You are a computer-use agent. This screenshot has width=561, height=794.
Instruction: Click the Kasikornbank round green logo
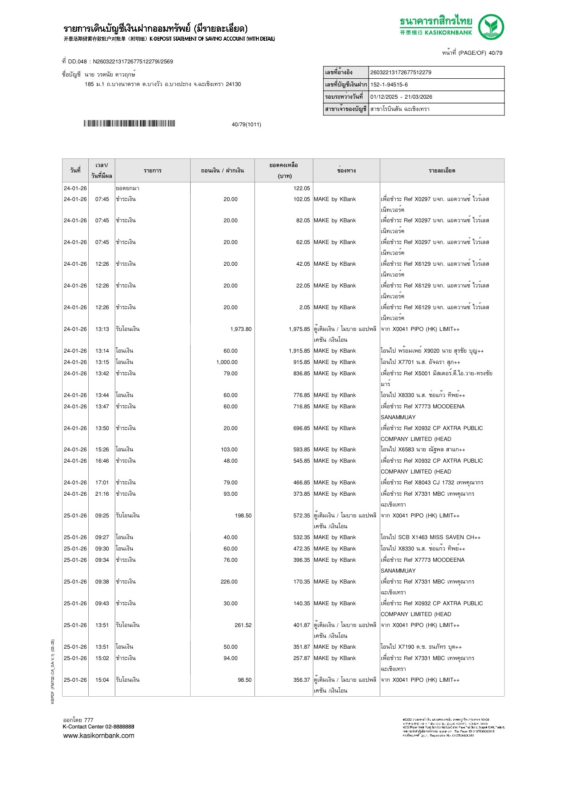click(x=491, y=27)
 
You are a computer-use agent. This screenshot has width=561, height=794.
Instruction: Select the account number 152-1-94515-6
click(x=389, y=85)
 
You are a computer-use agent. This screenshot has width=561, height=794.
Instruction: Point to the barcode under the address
click(x=129, y=124)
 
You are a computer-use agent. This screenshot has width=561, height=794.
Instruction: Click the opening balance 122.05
click(x=302, y=188)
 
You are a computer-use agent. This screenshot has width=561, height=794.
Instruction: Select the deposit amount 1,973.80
click(x=241, y=329)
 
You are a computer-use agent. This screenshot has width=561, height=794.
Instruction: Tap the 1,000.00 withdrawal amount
click(x=227, y=362)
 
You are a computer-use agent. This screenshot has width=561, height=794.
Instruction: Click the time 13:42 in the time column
click(x=102, y=373)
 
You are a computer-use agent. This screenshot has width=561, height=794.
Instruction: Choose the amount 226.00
click(x=229, y=582)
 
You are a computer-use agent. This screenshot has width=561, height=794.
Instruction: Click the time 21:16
click(x=102, y=494)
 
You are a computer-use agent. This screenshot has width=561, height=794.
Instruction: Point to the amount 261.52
click(x=243, y=625)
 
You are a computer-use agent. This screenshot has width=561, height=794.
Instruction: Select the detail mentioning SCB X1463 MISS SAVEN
click(x=431, y=537)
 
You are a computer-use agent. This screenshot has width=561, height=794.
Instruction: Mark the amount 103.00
click(x=229, y=450)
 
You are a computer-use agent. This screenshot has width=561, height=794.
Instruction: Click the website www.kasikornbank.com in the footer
click(x=99, y=736)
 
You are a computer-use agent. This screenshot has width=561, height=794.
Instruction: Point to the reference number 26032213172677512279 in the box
click(x=401, y=72)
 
